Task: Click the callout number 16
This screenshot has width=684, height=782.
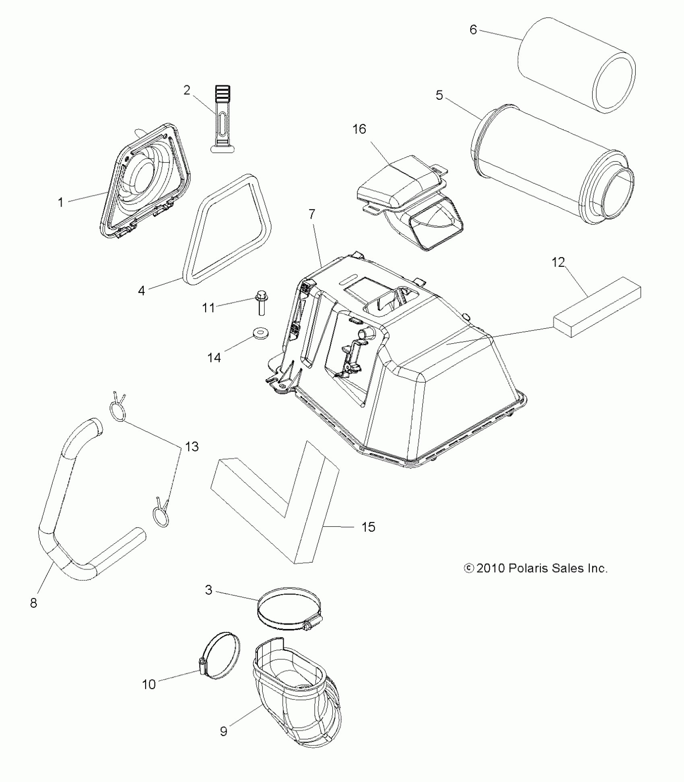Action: click(x=359, y=130)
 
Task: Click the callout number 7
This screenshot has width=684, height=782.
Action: click(x=313, y=214)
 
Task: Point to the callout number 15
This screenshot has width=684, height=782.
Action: click(x=368, y=527)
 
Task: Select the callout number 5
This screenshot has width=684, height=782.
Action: click(x=439, y=96)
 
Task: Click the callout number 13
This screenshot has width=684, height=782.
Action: click(x=192, y=446)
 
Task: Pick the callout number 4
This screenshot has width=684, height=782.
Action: click(x=141, y=290)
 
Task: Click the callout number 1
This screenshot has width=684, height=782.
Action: click(x=61, y=202)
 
